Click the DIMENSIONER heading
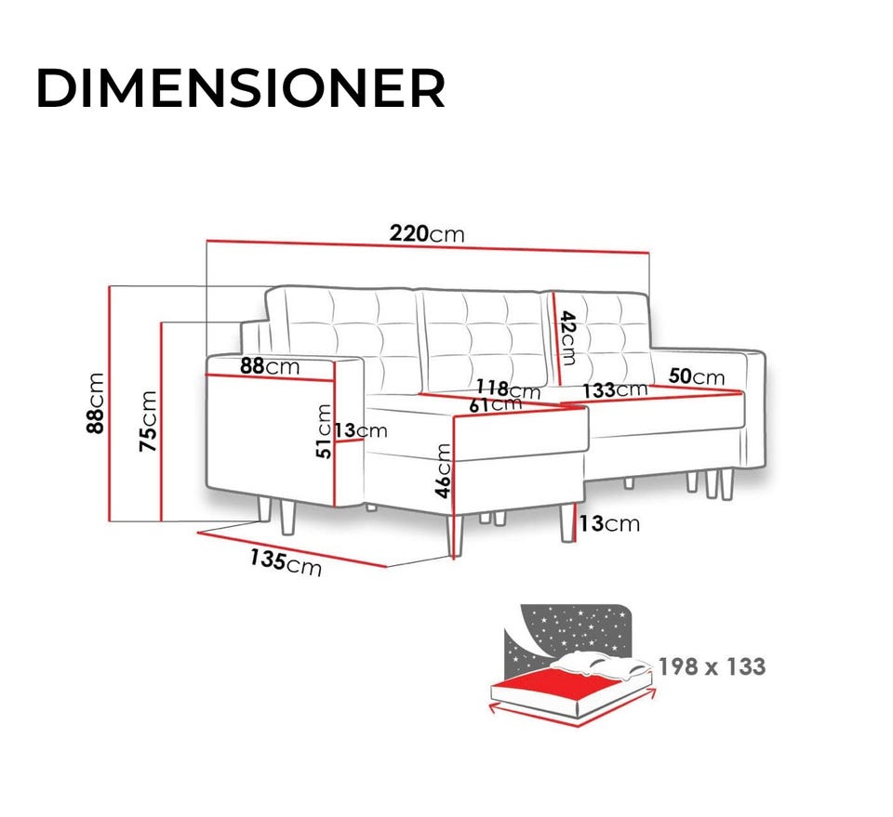point(240,87)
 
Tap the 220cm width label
point(427,233)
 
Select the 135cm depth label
point(286,562)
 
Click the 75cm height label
point(148,421)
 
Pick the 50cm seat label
point(696,376)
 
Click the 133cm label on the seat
point(615,390)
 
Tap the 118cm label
point(508,389)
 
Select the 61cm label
point(495,404)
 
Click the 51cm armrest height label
point(324,430)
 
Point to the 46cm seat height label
point(443,471)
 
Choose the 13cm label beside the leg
point(609,523)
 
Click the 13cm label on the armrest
point(361,430)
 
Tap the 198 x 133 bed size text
point(712,666)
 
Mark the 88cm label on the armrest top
point(270,366)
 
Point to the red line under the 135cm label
point(291,549)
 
